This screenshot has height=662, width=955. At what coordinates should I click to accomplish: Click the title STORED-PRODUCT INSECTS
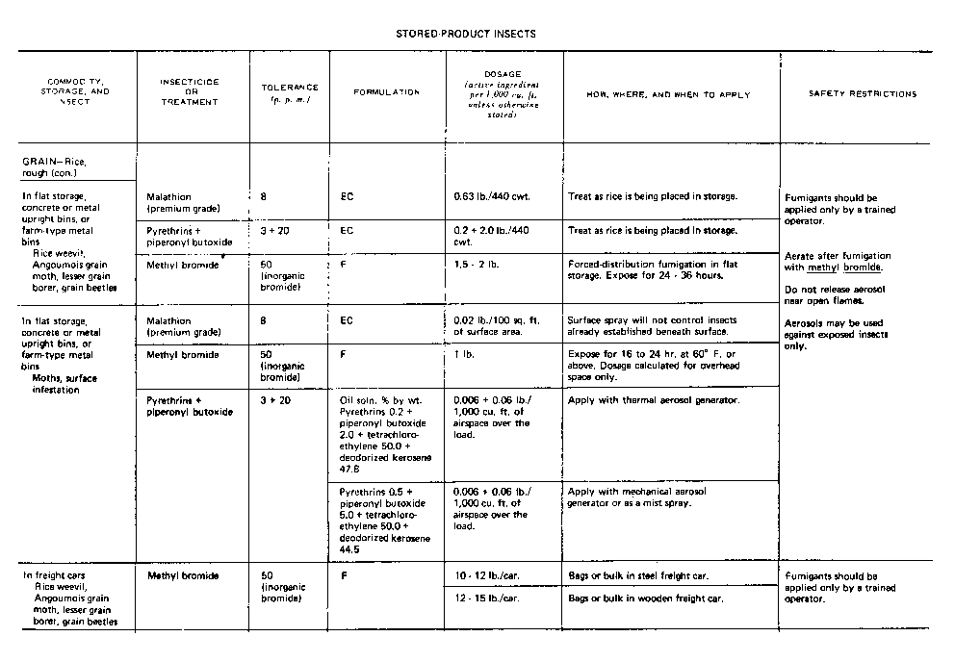click(466, 34)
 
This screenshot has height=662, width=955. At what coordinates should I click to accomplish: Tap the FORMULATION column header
click(386, 92)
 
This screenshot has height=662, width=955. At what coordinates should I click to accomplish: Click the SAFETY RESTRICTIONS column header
click(863, 93)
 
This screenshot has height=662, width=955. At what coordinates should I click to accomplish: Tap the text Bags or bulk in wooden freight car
click(646, 598)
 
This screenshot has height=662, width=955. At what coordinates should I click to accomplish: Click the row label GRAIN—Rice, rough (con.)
click(60, 166)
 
